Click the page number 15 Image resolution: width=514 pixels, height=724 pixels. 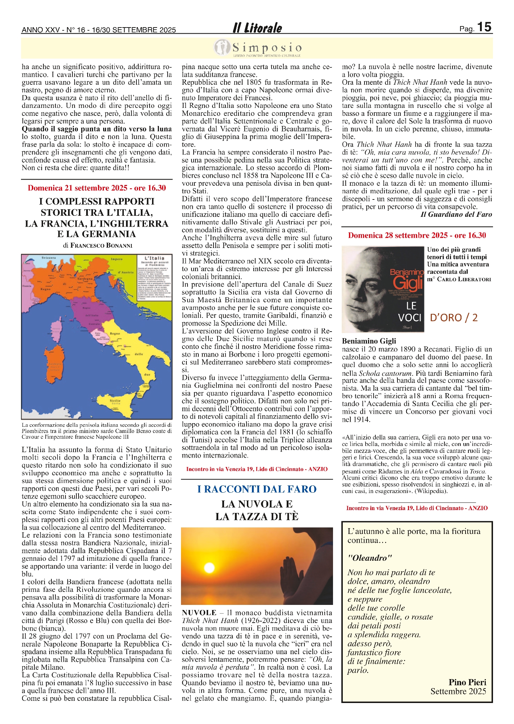[x=484, y=27]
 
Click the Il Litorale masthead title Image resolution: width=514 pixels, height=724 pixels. [x=257, y=28]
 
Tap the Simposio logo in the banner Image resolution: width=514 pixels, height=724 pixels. [x=258, y=48]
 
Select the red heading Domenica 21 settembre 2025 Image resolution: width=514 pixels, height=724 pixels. [x=97, y=188]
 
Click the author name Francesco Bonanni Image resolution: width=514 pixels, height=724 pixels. [x=101, y=245]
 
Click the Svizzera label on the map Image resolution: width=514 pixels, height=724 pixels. [x=49, y=258]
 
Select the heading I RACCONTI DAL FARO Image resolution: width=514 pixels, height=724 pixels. [x=257, y=489]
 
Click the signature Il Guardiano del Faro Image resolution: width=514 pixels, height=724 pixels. [x=456, y=215]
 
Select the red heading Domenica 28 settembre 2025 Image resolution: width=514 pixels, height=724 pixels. [x=417, y=235]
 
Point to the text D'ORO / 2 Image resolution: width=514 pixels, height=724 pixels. [x=454, y=317]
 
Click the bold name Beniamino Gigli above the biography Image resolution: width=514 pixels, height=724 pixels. [x=369, y=341]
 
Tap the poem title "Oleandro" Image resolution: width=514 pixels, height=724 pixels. [x=370, y=558]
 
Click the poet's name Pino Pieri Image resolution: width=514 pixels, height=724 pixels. [x=467, y=682]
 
